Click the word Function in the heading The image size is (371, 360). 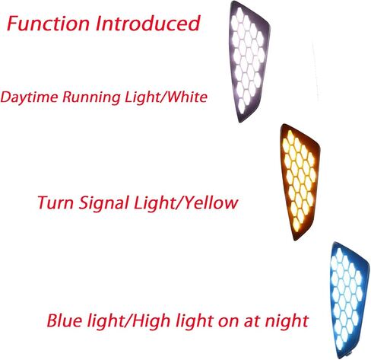pyautogui.click(x=48, y=24)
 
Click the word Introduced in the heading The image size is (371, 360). pyautogui.click(x=148, y=24)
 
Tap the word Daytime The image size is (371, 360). pyautogui.click(x=30, y=97)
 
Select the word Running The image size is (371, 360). pyautogui.click(x=91, y=97)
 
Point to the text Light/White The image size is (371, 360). pyautogui.click(x=166, y=97)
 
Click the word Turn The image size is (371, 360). pyautogui.click(x=55, y=202)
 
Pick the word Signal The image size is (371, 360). pyautogui.click(x=104, y=203)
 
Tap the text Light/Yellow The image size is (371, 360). pyautogui.click(x=186, y=203)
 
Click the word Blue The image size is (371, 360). pyautogui.click(x=65, y=320)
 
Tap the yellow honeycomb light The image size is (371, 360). pyautogui.click(x=299, y=180)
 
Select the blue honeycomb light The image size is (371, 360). pyautogui.click(x=348, y=299)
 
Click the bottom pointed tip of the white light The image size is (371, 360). pyautogui.click(x=240, y=122)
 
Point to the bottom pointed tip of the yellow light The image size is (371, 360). pyautogui.click(x=295, y=240)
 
